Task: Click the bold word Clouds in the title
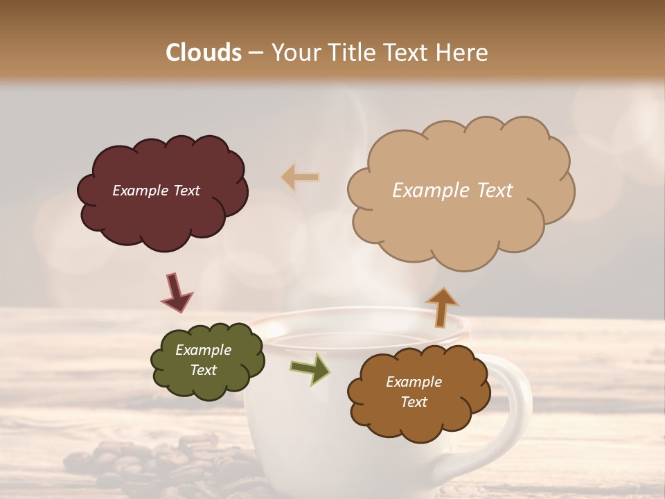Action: click(204, 53)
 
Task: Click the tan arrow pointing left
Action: click(300, 177)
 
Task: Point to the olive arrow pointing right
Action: click(310, 368)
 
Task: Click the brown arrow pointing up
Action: click(442, 306)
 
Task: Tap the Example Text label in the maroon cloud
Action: click(156, 191)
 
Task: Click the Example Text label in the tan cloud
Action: click(452, 191)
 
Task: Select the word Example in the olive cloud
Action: click(203, 350)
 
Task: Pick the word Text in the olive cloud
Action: click(203, 370)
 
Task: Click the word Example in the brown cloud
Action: click(414, 382)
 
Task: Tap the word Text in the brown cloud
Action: click(414, 402)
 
